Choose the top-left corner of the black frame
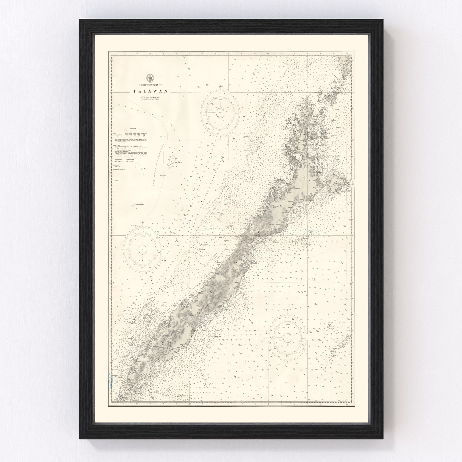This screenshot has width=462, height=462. [80, 19]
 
